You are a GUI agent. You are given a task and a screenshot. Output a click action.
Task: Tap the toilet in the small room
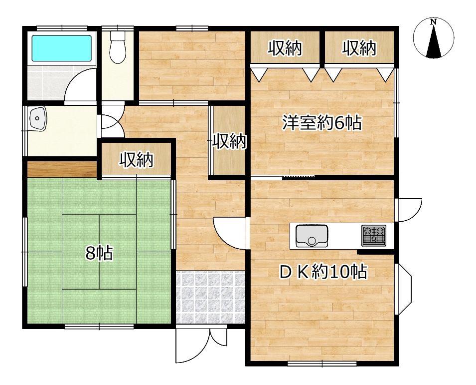118,47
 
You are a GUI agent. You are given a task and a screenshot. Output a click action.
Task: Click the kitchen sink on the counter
312,236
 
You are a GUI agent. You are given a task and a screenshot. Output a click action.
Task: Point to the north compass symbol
434,38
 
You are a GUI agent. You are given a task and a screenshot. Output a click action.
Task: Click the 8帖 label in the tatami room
99,254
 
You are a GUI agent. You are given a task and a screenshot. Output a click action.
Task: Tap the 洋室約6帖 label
322,123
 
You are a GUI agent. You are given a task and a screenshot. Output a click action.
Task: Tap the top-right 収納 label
359,48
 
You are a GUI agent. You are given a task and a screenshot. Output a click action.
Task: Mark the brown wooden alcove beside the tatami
62,169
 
